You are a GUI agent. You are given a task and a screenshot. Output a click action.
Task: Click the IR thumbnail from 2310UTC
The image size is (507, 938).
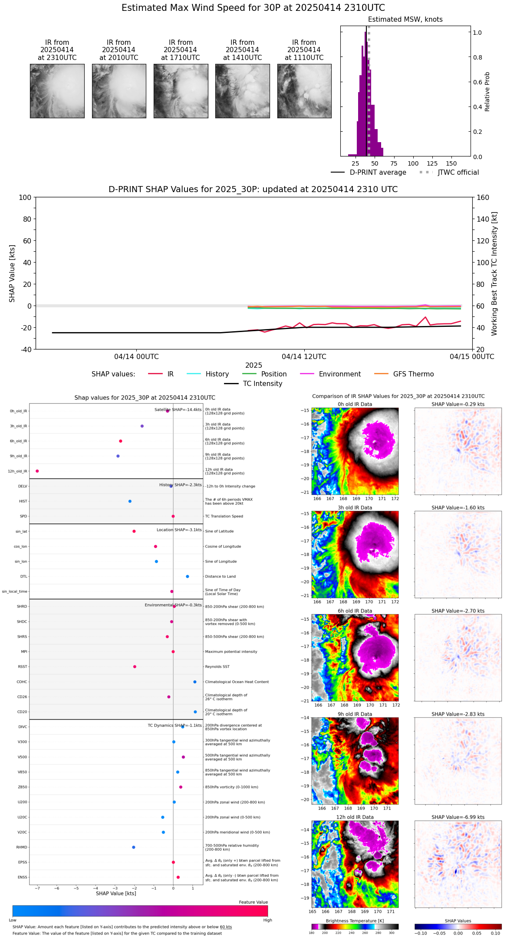tap(57, 91)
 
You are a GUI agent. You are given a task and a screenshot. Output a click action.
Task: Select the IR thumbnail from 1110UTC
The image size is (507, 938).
tap(304, 91)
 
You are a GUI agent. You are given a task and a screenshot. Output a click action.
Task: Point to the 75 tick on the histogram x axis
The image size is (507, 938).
tap(394, 163)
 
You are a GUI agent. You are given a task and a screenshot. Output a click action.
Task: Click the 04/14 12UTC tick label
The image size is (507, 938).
tap(304, 357)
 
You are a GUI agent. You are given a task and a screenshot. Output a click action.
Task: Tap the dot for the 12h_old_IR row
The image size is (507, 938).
tap(37, 471)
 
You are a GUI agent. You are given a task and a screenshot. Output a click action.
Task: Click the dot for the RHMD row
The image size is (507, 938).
tap(134, 847)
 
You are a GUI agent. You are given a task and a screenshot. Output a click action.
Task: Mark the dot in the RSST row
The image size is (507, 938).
tap(135, 667)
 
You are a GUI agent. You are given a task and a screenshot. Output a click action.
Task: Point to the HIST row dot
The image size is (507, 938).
tap(130, 501)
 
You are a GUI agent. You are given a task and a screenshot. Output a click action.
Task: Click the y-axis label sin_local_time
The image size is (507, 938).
tap(15, 592)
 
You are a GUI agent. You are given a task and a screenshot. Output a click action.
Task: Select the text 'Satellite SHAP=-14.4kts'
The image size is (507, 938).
tap(178, 410)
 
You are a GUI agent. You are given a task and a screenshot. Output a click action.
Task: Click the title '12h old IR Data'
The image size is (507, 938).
tap(355, 817)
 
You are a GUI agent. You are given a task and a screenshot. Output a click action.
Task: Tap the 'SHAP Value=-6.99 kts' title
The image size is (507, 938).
tap(458, 817)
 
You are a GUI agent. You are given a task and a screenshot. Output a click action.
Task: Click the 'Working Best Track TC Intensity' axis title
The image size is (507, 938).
tap(494, 274)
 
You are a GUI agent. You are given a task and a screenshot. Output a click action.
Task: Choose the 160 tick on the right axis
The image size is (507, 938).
tap(483, 198)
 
